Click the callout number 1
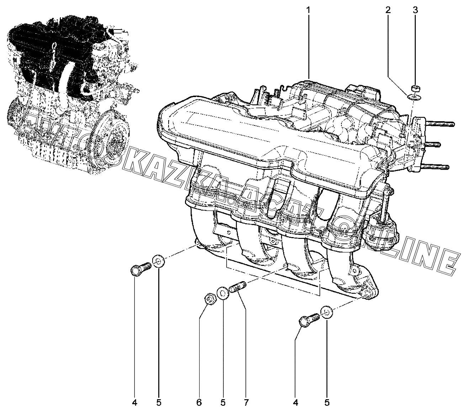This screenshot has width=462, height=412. [308, 10]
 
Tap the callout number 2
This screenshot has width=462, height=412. [388, 10]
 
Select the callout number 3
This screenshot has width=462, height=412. [415, 10]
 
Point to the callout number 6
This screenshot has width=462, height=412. [199, 403]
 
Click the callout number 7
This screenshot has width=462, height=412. [246, 403]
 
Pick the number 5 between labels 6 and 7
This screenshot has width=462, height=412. [223, 403]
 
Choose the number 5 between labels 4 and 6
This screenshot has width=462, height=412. [159, 403]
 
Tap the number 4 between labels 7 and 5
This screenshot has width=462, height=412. [295, 403]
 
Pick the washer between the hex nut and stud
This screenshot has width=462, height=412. [223, 294]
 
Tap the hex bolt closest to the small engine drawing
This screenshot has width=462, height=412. [140, 269]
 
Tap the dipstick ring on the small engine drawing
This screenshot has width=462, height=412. [54, 46]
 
